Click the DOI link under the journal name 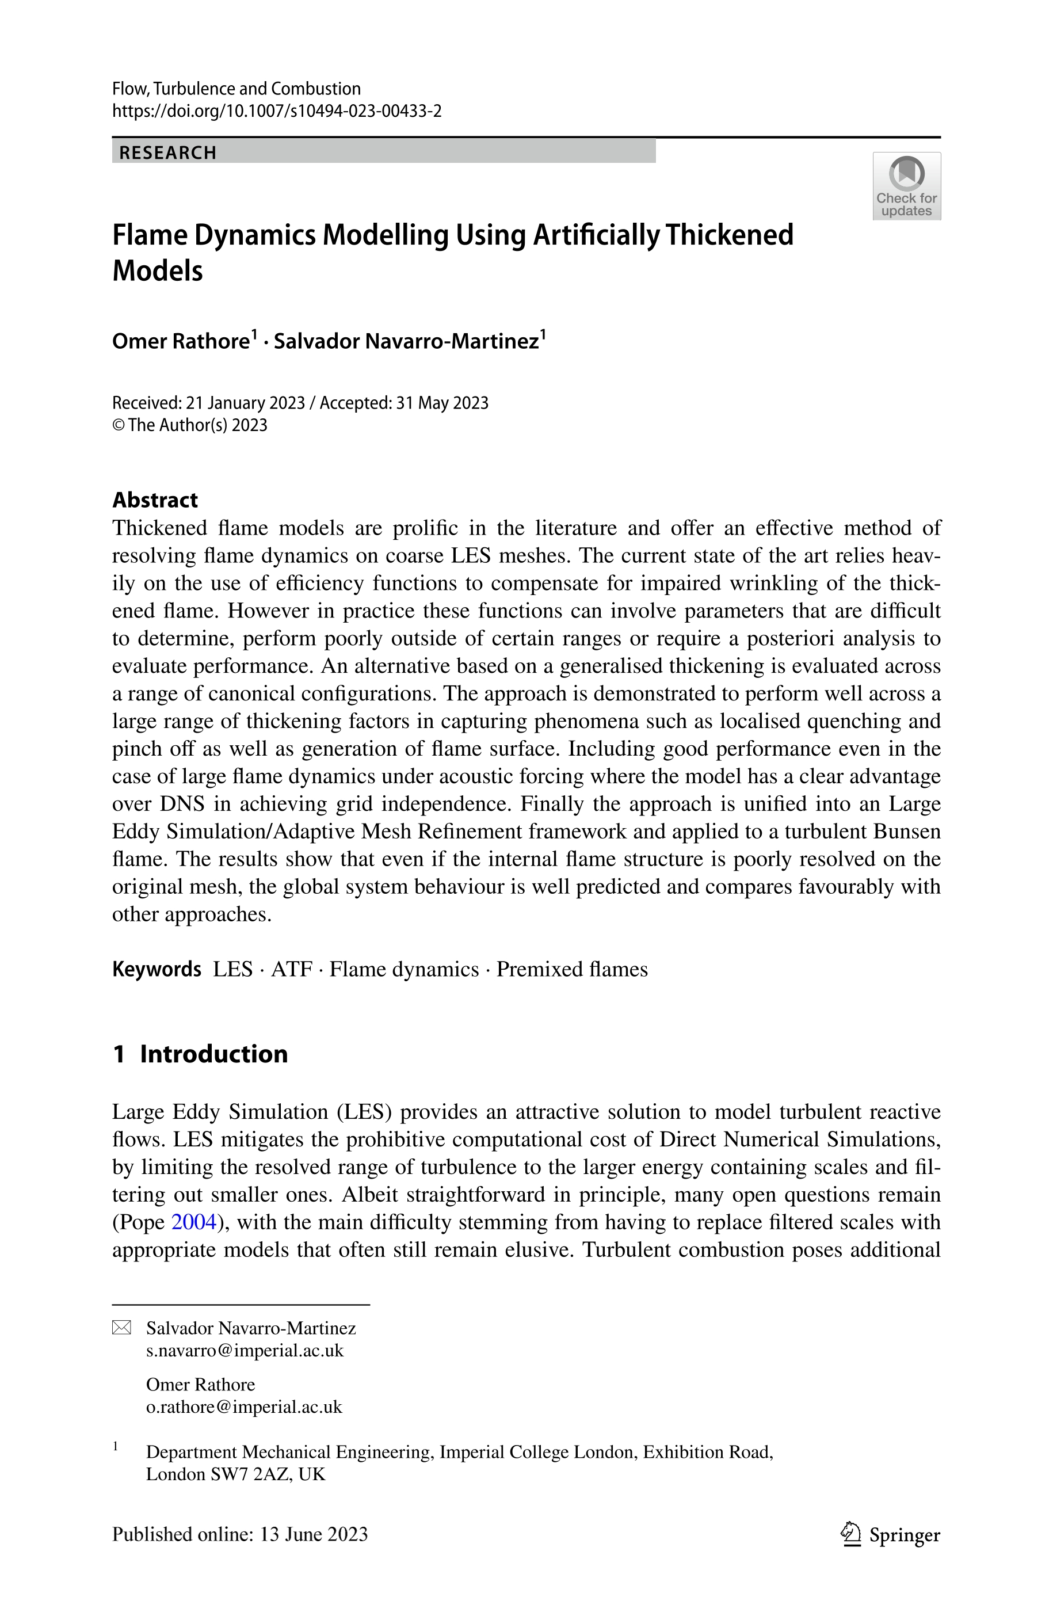(x=277, y=111)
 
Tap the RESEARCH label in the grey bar (x=168, y=153)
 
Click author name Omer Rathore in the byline (x=181, y=341)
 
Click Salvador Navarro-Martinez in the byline (x=406, y=341)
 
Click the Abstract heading (x=155, y=500)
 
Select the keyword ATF (x=292, y=969)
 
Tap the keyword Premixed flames (x=571, y=969)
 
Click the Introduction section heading (x=213, y=1054)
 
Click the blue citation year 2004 (x=194, y=1222)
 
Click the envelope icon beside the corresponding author (x=121, y=1328)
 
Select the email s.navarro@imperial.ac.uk (x=245, y=1351)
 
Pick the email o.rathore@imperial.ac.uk (x=244, y=1407)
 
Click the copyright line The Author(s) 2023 (x=197, y=425)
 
